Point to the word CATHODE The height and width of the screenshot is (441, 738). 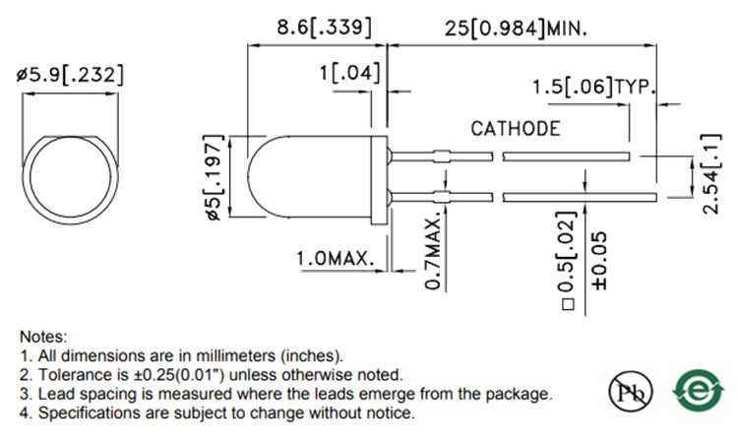[x=516, y=128]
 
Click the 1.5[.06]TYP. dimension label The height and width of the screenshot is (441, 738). [x=593, y=88]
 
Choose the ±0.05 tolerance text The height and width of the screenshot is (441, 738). [x=600, y=259]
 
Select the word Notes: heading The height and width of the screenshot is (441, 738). [x=43, y=336]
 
